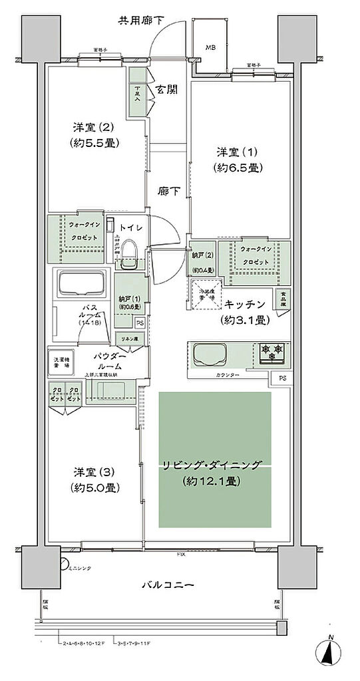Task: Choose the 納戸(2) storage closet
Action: click(x=201, y=261)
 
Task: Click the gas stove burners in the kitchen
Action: click(x=271, y=352)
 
